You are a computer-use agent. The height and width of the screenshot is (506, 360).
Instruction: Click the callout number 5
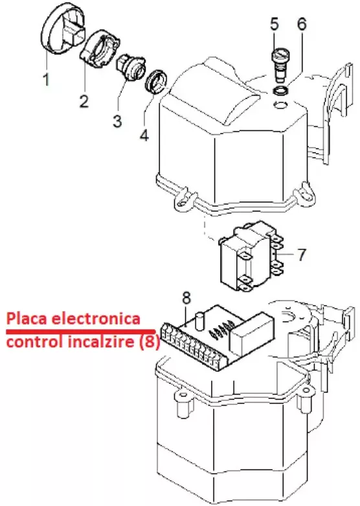click(274, 24)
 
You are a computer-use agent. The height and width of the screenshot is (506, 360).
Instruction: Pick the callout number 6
click(302, 24)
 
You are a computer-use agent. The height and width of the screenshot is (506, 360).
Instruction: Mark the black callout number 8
click(186, 298)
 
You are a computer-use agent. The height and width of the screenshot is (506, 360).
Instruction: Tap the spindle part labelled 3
click(129, 67)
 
